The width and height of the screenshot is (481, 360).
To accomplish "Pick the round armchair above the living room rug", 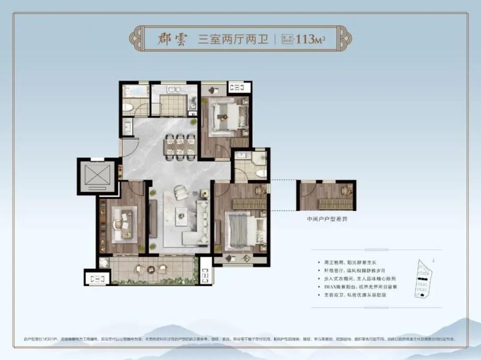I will click(x=181, y=192).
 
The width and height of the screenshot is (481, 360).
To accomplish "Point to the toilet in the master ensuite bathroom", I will click(x=260, y=172).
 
